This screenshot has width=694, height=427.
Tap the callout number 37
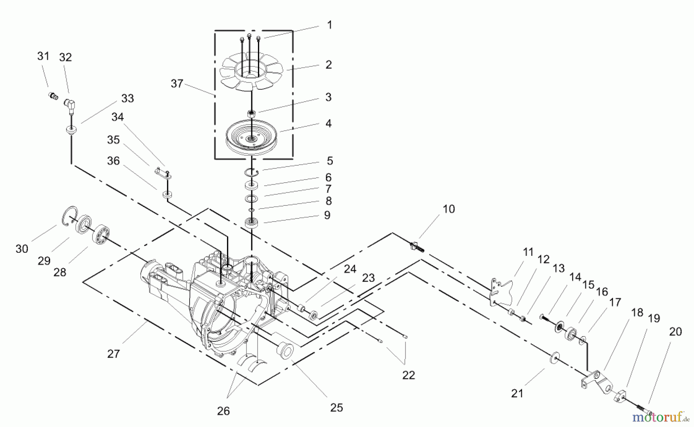click(x=177, y=83)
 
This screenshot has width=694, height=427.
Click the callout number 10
click(x=448, y=209)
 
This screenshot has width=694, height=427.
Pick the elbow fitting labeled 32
click(x=70, y=104)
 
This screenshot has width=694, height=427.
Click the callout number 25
click(x=337, y=408)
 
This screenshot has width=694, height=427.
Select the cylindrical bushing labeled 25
click(x=285, y=350)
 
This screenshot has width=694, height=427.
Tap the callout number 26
click(x=223, y=411)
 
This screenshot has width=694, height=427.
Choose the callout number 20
click(x=675, y=331)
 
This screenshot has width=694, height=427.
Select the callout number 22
click(x=409, y=375)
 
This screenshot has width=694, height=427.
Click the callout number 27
click(x=114, y=353)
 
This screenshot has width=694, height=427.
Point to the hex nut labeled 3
click(x=251, y=113)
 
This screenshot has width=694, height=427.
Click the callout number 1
click(x=329, y=25)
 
